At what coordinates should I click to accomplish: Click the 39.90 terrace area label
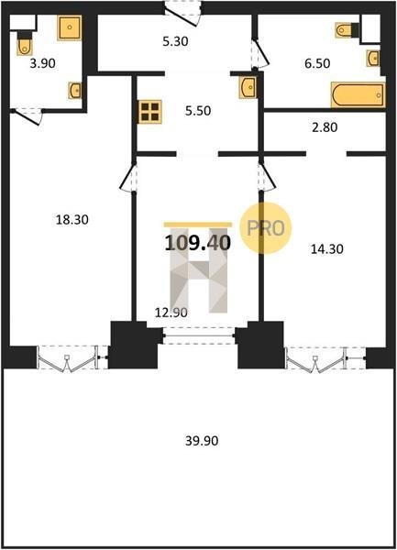[x=202, y=441]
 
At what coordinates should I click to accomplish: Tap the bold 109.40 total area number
[x=198, y=243]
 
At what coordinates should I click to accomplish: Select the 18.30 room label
[x=72, y=220]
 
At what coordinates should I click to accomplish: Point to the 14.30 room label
[x=327, y=249]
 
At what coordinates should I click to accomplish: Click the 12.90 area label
[x=171, y=313]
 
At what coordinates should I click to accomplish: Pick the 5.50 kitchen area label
[x=198, y=111]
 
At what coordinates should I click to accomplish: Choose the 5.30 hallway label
[x=175, y=41]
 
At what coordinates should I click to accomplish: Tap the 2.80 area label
[x=325, y=127]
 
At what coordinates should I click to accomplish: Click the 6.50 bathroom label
[x=317, y=63]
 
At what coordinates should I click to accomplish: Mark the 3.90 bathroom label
[x=43, y=63]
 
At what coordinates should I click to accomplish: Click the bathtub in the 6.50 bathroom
[x=358, y=94]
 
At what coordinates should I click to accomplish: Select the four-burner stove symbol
[x=149, y=112]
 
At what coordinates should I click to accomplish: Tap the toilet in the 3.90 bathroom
[x=24, y=43]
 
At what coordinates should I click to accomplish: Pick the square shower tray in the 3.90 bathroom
[x=70, y=27]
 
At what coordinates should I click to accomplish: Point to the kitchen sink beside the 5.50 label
[x=248, y=87]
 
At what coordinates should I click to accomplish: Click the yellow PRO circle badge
[x=266, y=228]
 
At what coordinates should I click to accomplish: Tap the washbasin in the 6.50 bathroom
[x=373, y=58]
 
